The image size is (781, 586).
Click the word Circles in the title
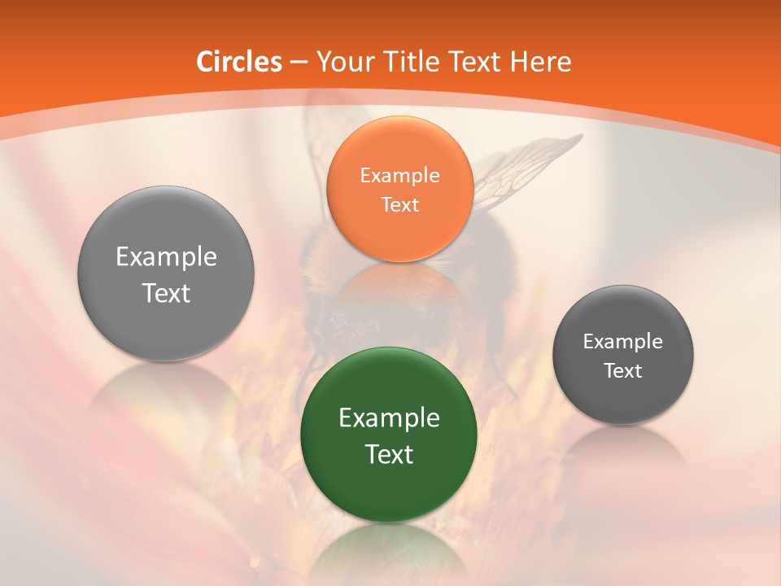(238, 62)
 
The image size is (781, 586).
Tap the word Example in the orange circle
(399, 175)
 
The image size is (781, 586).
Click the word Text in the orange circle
(399, 204)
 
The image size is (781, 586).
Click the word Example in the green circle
(389, 418)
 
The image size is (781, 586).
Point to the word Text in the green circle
(389, 454)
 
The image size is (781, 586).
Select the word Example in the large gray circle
(166, 257)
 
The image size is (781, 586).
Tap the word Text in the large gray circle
(166, 293)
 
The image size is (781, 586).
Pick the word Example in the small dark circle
(622, 342)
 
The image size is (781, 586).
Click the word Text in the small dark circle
(622, 371)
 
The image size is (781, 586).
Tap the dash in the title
(298, 63)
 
